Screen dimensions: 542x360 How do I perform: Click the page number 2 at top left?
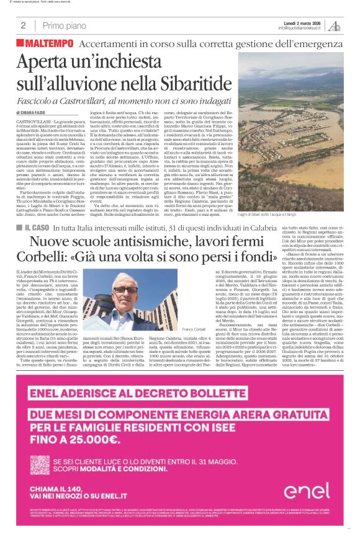tap(23, 25)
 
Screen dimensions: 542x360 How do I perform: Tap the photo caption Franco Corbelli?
tap(194, 328)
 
